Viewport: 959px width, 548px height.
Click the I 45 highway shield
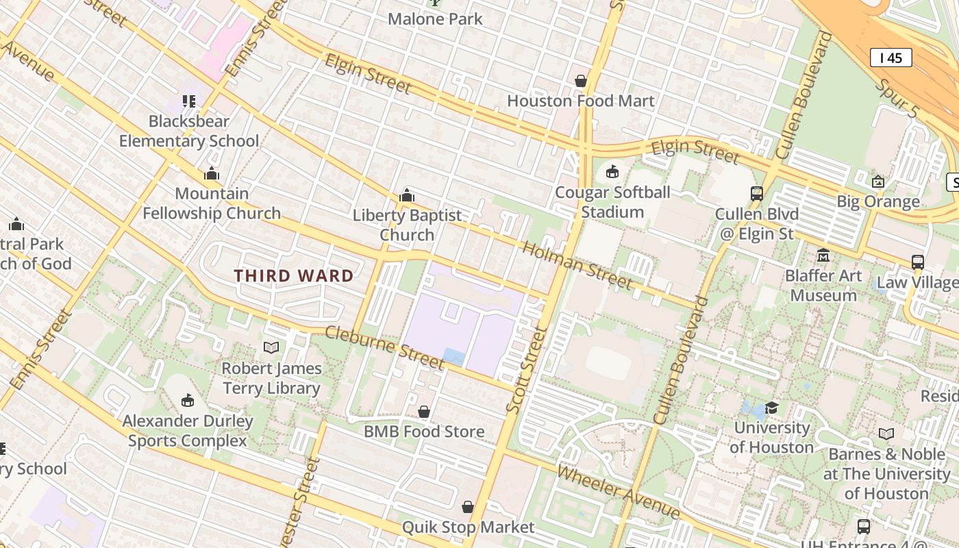pos(891,58)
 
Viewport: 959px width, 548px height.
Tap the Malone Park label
pos(435,19)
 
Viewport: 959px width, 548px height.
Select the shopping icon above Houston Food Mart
pos(581,81)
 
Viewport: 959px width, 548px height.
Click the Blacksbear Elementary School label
pos(189,131)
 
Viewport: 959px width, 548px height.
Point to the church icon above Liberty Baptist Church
pos(407,196)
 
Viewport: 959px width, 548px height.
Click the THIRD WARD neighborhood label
pos(294,276)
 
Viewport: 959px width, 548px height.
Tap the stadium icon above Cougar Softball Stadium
pos(612,171)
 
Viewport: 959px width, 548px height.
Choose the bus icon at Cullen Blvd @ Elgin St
pos(757,194)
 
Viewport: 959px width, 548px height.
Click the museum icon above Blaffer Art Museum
pos(823,256)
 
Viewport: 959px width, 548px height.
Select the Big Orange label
pos(878,201)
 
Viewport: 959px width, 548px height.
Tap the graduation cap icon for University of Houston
pos(771,408)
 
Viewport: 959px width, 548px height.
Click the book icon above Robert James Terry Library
pos(271,348)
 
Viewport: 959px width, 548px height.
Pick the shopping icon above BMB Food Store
pos(424,412)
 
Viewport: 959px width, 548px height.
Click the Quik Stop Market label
pos(468,527)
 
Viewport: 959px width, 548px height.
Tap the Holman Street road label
pos(576,264)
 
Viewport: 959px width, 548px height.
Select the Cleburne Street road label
pos(384,347)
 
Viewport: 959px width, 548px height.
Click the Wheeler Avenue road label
pos(618,493)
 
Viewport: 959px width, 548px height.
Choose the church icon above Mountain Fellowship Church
pos(212,174)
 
